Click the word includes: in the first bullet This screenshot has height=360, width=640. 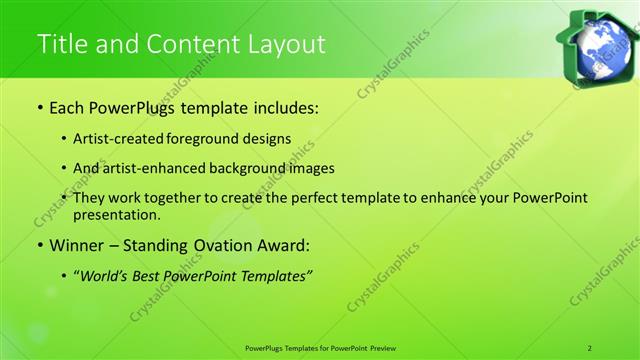(281, 106)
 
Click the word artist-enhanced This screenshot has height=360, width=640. (160, 168)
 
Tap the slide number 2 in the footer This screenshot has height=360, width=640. (589, 347)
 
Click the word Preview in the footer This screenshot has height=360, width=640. (382, 347)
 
